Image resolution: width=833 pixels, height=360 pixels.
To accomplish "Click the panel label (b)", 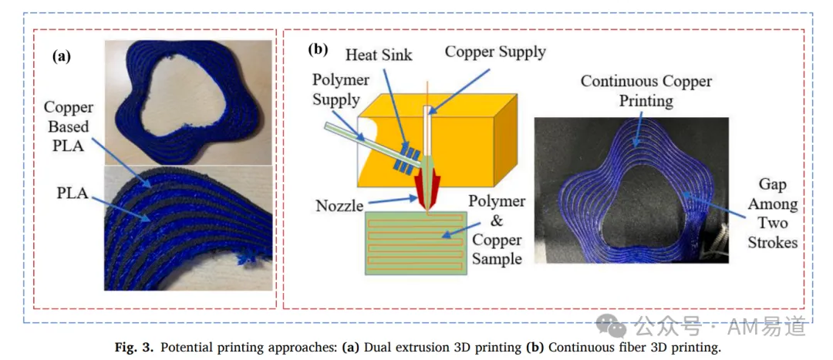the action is click(319, 49).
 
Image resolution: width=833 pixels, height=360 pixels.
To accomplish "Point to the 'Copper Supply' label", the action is click(496, 52).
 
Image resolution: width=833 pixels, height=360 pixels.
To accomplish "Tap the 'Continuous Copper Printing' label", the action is click(646, 90).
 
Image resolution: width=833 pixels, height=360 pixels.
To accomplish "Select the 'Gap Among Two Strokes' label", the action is click(773, 214).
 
